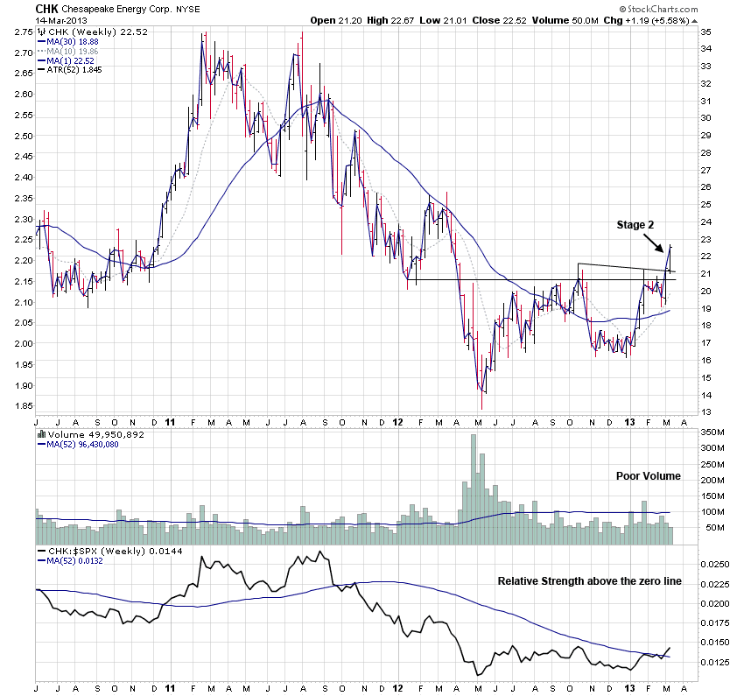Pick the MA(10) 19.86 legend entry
74,51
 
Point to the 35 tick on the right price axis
705,32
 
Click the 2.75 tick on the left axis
24,32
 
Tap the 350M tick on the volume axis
712,432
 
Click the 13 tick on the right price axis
705,411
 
